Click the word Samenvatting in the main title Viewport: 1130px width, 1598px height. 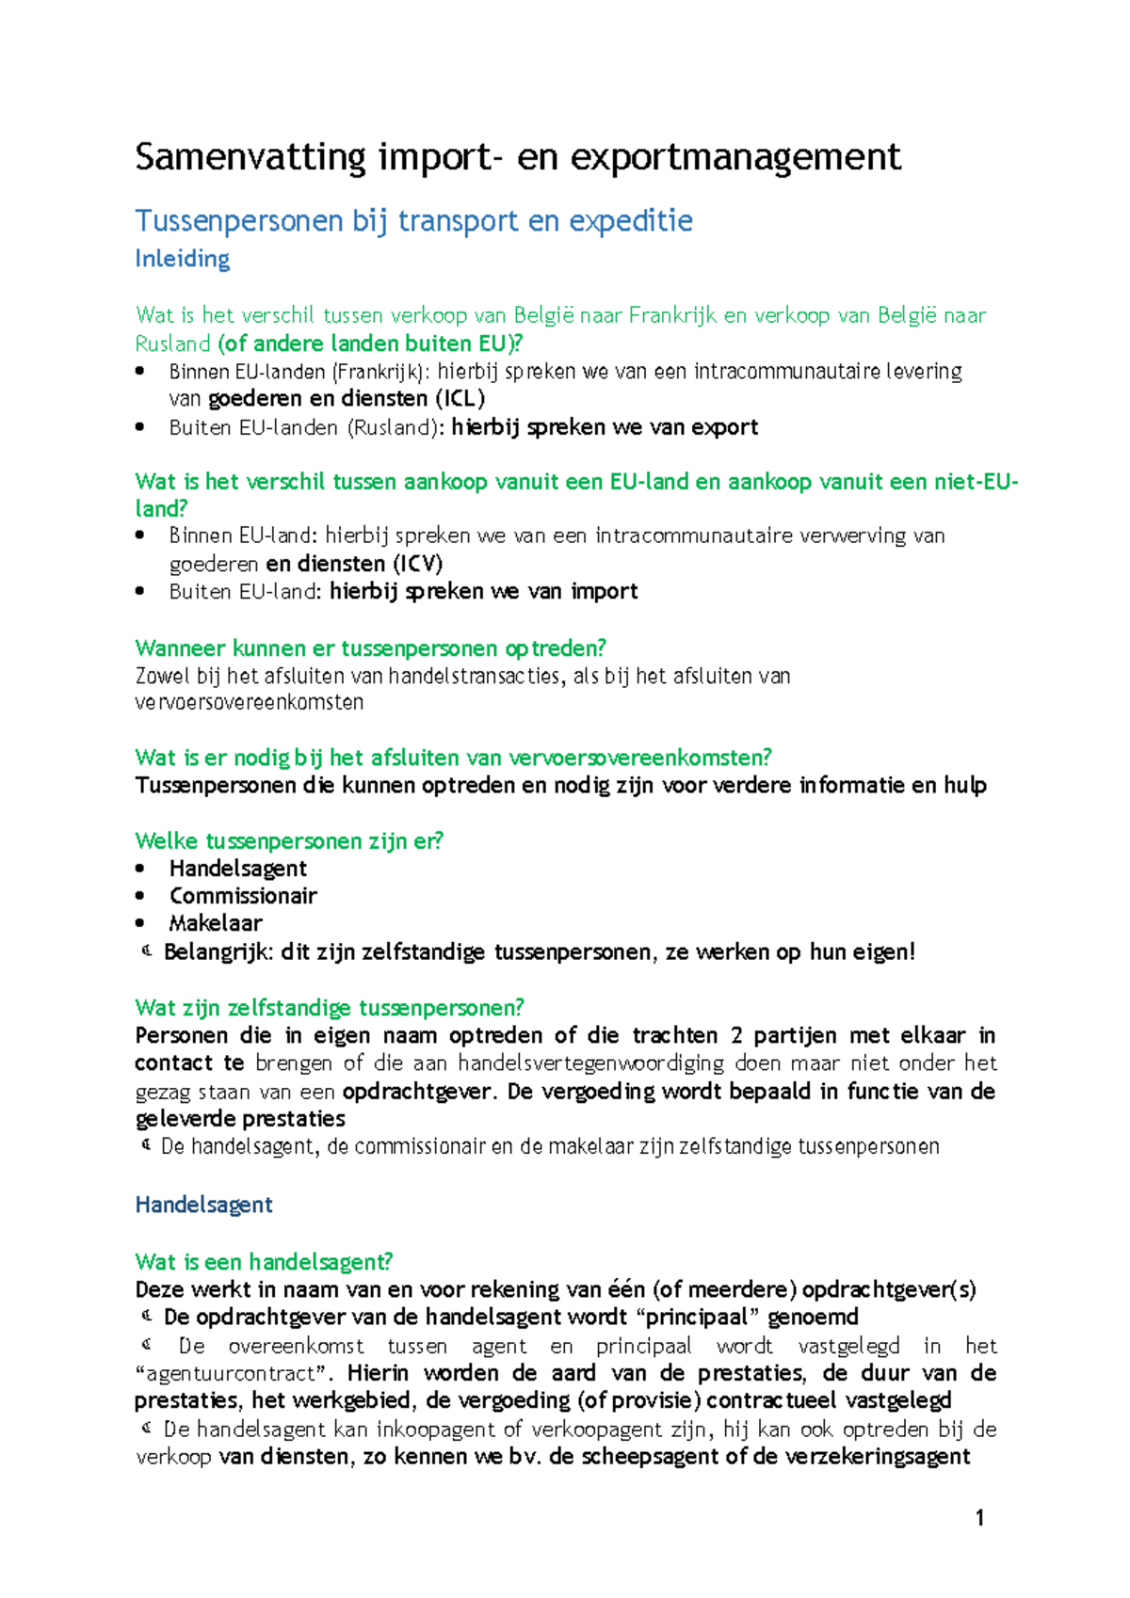click(250, 157)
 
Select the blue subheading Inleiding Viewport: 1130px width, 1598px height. click(182, 259)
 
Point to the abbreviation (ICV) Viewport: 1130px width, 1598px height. click(417, 564)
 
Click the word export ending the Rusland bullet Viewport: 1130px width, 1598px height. click(724, 427)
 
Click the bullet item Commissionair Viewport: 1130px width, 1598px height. click(243, 896)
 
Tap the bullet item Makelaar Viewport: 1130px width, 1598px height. click(216, 923)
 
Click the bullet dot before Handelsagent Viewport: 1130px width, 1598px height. click(140, 869)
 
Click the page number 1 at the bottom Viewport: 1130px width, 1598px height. click(979, 1517)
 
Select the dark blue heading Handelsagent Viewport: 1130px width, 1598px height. click(203, 1205)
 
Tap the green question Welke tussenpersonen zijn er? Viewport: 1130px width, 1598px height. click(288, 840)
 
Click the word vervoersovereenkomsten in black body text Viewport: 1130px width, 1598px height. click(249, 702)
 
